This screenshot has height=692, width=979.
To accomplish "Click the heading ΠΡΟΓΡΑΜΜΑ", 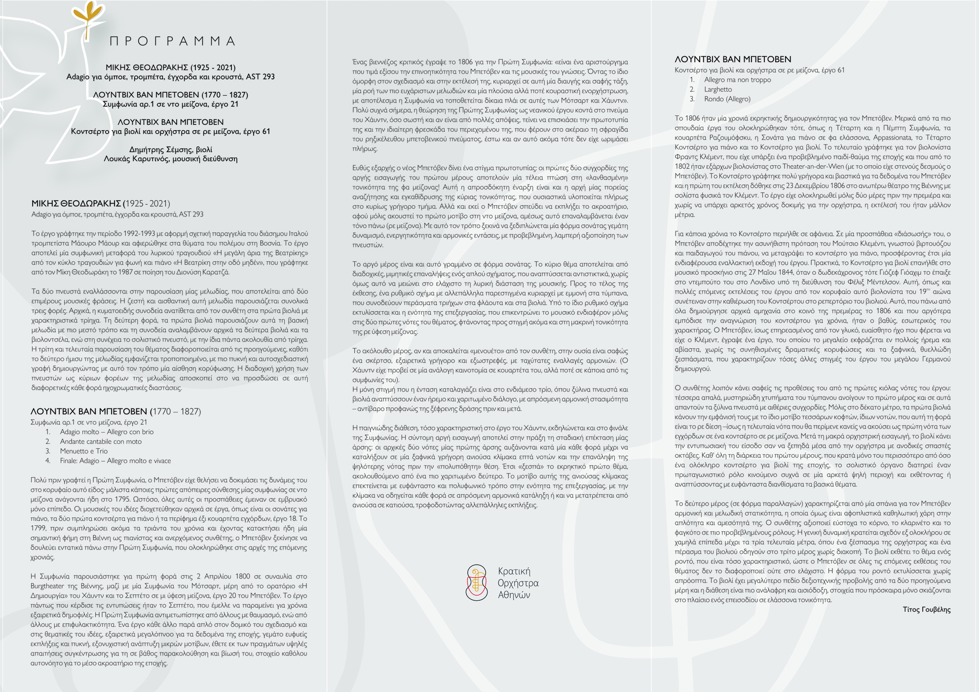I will pyautogui.click(x=172, y=41).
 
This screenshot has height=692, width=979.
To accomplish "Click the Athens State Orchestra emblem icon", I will pyautogui.click(x=476, y=583).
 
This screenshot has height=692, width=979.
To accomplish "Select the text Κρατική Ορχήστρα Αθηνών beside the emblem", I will pyautogui.click(x=518, y=583).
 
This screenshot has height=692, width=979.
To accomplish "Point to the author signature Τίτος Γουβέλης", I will pyautogui.click(x=926, y=610).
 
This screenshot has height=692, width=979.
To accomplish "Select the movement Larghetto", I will pyautogui.click(x=718, y=89).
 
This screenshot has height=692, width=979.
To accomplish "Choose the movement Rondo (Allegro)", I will pyautogui.click(x=727, y=99).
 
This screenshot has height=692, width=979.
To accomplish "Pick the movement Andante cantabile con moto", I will pyautogui.click(x=101, y=441).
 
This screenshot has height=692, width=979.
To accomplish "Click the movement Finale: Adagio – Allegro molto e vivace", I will pyautogui.click(x=115, y=461).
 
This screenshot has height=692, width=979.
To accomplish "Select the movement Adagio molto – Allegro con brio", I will pyautogui.click(x=107, y=432).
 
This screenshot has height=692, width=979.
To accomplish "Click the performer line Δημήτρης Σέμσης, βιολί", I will pyautogui.click(x=171, y=149).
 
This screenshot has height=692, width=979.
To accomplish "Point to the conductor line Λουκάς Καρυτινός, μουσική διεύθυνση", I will pyautogui.click(x=171, y=159).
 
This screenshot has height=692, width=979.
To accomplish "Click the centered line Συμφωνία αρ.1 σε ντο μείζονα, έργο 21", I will pyautogui.click(x=171, y=104).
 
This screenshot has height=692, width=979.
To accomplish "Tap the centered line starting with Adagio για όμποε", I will pyautogui.click(x=171, y=77).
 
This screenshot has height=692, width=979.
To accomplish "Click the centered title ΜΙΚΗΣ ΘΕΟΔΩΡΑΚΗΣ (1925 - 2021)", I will pyautogui.click(x=171, y=68).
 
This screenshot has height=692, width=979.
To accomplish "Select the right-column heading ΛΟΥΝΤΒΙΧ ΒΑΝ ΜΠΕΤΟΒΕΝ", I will pyautogui.click(x=733, y=59).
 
